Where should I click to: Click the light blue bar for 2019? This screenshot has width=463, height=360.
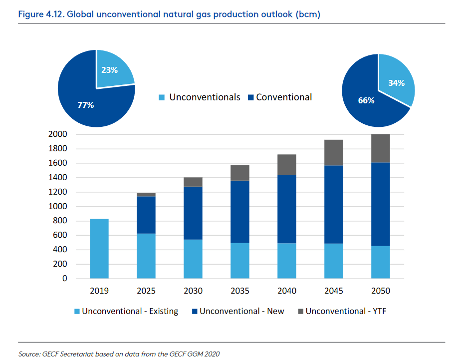tap(100, 248)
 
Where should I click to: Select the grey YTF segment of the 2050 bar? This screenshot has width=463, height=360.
tap(381, 148)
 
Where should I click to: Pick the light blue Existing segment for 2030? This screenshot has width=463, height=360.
tap(194, 259)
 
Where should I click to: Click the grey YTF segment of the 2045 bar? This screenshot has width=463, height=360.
tap(334, 152)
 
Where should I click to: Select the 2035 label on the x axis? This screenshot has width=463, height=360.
tap(240, 291)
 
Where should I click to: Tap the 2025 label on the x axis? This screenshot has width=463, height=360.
tap(147, 291)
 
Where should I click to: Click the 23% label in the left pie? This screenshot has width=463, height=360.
tap(109, 70)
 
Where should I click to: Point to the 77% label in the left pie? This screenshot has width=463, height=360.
tap(85, 105)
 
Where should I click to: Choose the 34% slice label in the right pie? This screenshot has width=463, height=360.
tap(396, 83)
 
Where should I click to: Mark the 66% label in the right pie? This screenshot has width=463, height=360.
tap(366, 100)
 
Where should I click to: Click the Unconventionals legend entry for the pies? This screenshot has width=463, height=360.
tap(200, 97)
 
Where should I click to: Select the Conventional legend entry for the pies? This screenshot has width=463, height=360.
tap(279, 97)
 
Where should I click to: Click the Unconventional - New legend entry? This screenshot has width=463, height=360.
tap(237, 312)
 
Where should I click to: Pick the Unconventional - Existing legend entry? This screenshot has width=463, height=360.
tap(126, 312)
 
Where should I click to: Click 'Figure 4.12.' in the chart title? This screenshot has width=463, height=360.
tap(40, 14)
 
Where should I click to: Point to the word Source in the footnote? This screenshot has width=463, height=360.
tap(29, 354)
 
